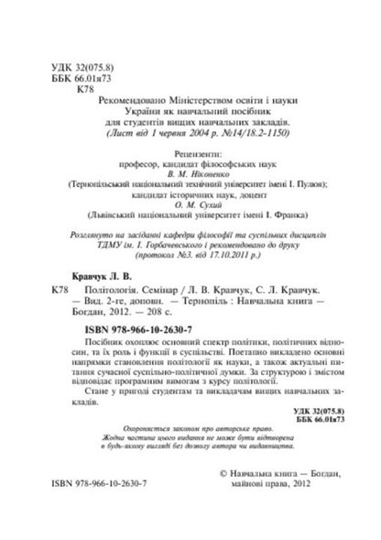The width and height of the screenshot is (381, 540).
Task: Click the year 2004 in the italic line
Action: [x=194, y=133]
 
